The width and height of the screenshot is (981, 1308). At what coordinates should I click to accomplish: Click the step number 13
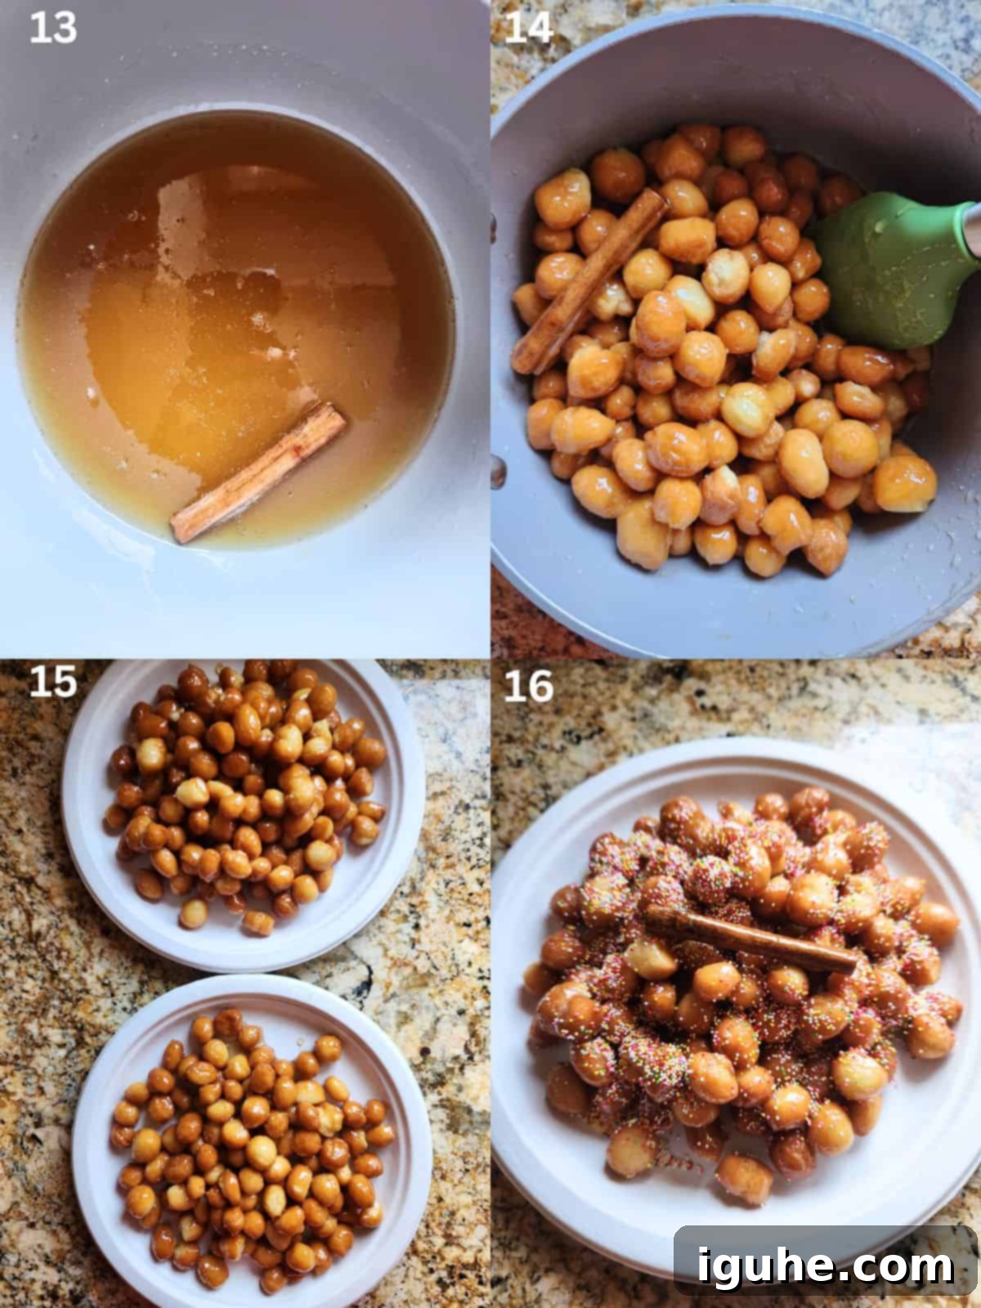pos(52,28)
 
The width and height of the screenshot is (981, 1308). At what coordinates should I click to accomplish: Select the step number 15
pos(52,682)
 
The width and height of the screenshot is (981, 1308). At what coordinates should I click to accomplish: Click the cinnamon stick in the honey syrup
pos(258,474)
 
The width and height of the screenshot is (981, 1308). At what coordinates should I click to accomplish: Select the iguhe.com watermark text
pos(826,1266)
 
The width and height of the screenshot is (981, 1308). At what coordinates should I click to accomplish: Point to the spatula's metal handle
pos(971,229)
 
